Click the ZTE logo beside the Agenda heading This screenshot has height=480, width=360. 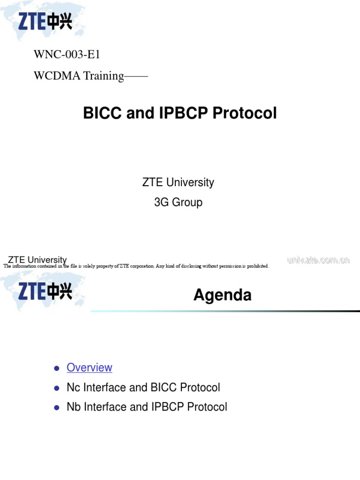pos(45,291)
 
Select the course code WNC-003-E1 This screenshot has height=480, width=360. pos(67,55)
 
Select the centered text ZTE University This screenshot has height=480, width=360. pos(178,182)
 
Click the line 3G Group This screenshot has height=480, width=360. pos(178,202)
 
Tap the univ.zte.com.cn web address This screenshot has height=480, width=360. pos(318,260)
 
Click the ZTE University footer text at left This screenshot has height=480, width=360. pos(37,260)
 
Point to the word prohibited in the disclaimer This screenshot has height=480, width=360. pos(256,266)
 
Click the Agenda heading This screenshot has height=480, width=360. pos(222,295)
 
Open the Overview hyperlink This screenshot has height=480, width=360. pos(90,367)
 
